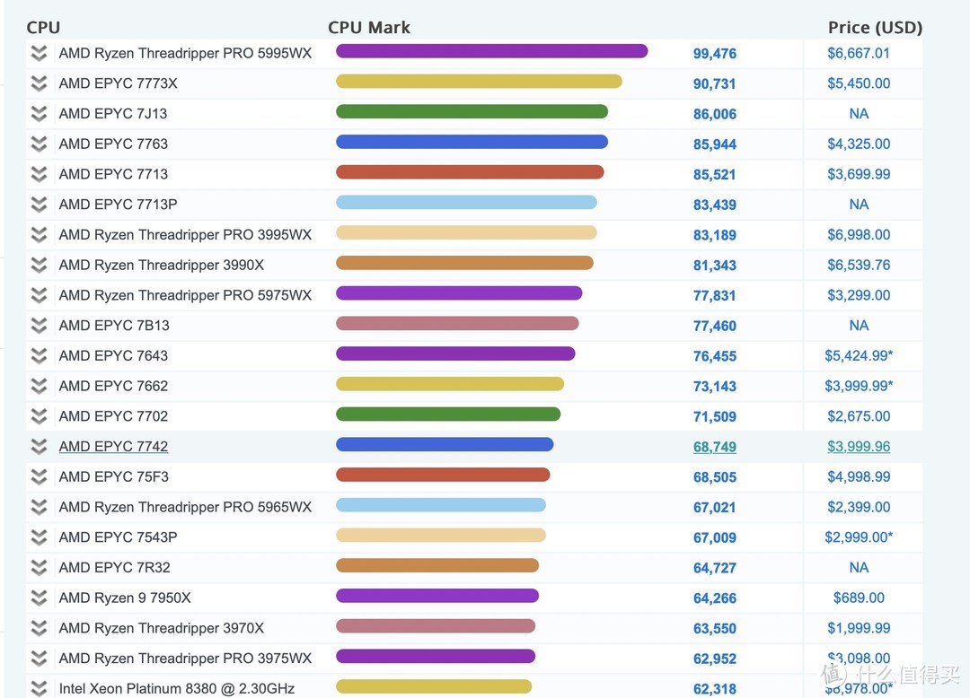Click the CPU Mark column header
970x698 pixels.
(x=368, y=27)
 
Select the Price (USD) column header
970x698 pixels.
(x=874, y=27)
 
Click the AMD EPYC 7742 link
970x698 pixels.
(x=113, y=446)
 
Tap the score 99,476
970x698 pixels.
(x=714, y=54)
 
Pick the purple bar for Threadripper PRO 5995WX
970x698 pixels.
(x=491, y=51)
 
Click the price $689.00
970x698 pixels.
(x=859, y=598)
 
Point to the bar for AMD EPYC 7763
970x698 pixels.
(x=472, y=142)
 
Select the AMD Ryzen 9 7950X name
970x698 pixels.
(x=125, y=598)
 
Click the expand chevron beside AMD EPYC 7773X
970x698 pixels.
(x=39, y=83)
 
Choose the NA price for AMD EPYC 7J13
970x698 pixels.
(x=859, y=114)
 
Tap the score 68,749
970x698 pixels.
(x=714, y=447)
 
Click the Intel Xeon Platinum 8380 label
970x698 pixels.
(x=176, y=688)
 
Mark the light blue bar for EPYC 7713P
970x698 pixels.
(x=466, y=203)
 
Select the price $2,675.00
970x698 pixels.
(x=859, y=416)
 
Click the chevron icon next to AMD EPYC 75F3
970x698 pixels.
(x=39, y=476)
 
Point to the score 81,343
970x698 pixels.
(x=714, y=266)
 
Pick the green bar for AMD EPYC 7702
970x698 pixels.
(x=448, y=414)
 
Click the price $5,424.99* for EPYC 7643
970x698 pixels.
(x=859, y=356)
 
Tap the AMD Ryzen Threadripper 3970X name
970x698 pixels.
(x=162, y=628)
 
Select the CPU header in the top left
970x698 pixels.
(x=43, y=27)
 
